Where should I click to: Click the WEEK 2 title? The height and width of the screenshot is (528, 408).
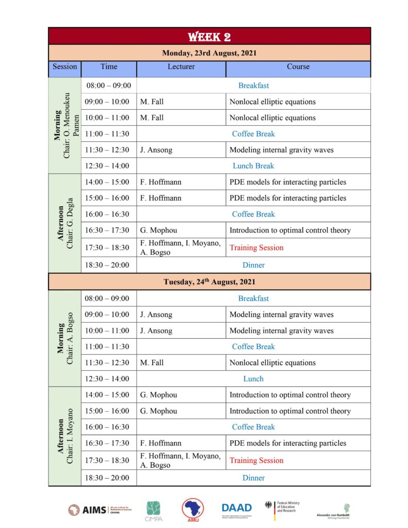pyautogui.click(x=209, y=37)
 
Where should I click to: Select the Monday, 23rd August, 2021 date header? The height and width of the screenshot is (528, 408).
pyautogui.click(x=209, y=53)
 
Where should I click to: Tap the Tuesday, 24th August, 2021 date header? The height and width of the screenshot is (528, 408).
pyautogui.click(x=209, y=282)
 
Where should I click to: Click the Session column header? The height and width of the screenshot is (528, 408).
pyautogui.click(x=64, y=67)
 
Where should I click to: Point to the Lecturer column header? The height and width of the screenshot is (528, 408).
pyautogui.click(x=181, y=67)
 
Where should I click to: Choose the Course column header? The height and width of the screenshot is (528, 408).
pyautogui.click(x=298, y=67)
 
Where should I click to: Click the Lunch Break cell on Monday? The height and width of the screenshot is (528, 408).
pyautogui.click(x=253, y=166)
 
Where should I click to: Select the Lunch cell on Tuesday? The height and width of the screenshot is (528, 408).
pyautogui.click(x=253, y=378)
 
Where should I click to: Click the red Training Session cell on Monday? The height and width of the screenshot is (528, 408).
pyautogui.click(x=256, y=247)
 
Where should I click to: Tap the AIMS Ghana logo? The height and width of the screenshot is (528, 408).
pyautogui.click(x=100, y=509)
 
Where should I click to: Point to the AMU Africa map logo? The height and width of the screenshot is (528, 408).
pyautogui.click(x=192, y=509)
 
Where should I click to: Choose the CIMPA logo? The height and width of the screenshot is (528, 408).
pyautogui.click(x=153, y=511)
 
